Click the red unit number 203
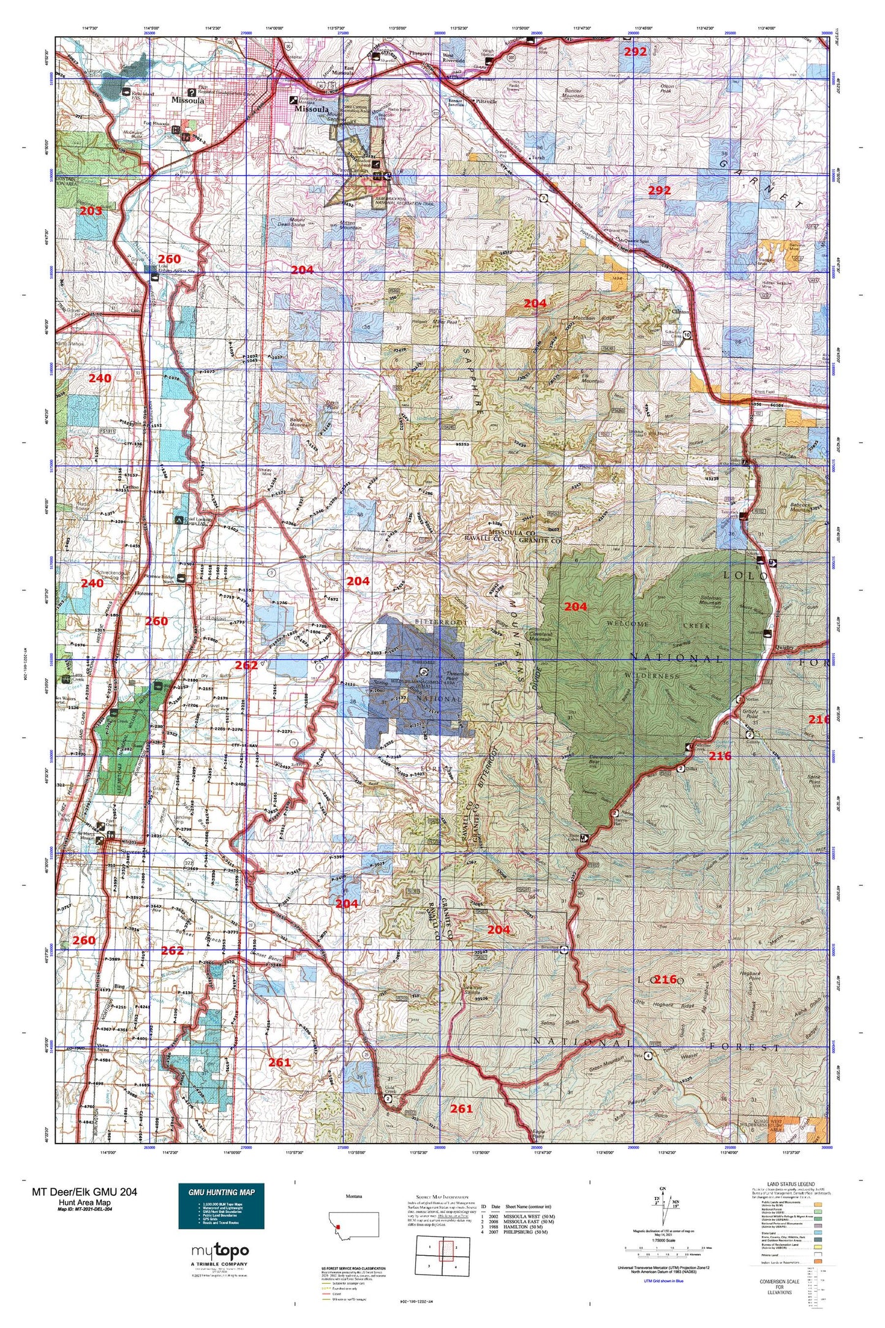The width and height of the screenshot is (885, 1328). [91, 211]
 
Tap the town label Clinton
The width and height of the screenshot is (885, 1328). [680, 312]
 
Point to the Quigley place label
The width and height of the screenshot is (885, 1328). [784, 647]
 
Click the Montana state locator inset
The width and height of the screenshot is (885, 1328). [353, 1224]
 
